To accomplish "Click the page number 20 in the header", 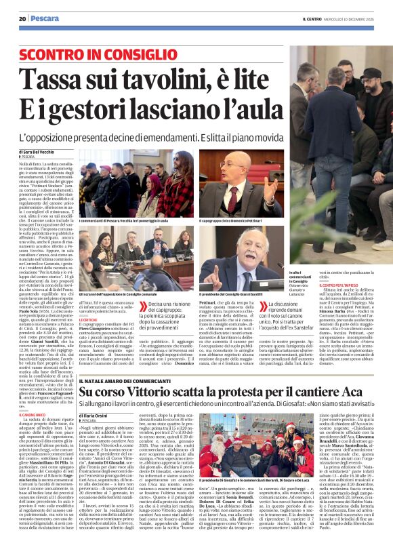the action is [x=22, y=18].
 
